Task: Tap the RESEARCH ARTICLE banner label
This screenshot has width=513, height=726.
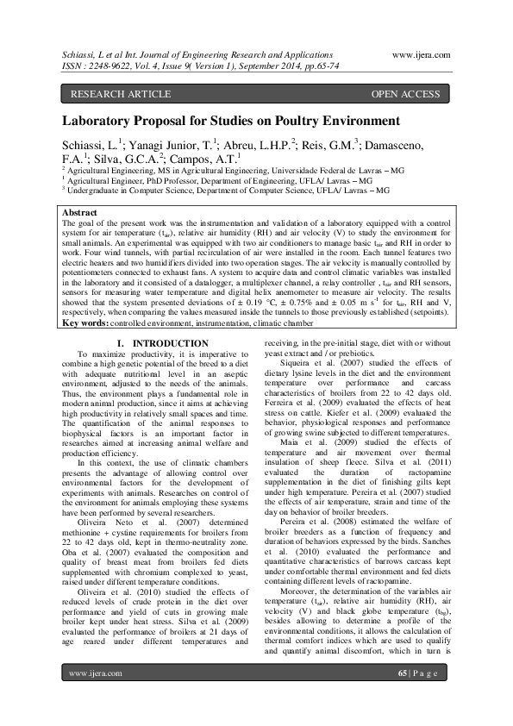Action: pyautogui.click(x=109, y=93)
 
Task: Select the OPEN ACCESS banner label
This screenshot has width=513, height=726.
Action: pyautogui.click(x=405, y=93)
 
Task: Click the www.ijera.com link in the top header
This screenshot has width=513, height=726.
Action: pyautogui.click(x=422, y=53)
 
